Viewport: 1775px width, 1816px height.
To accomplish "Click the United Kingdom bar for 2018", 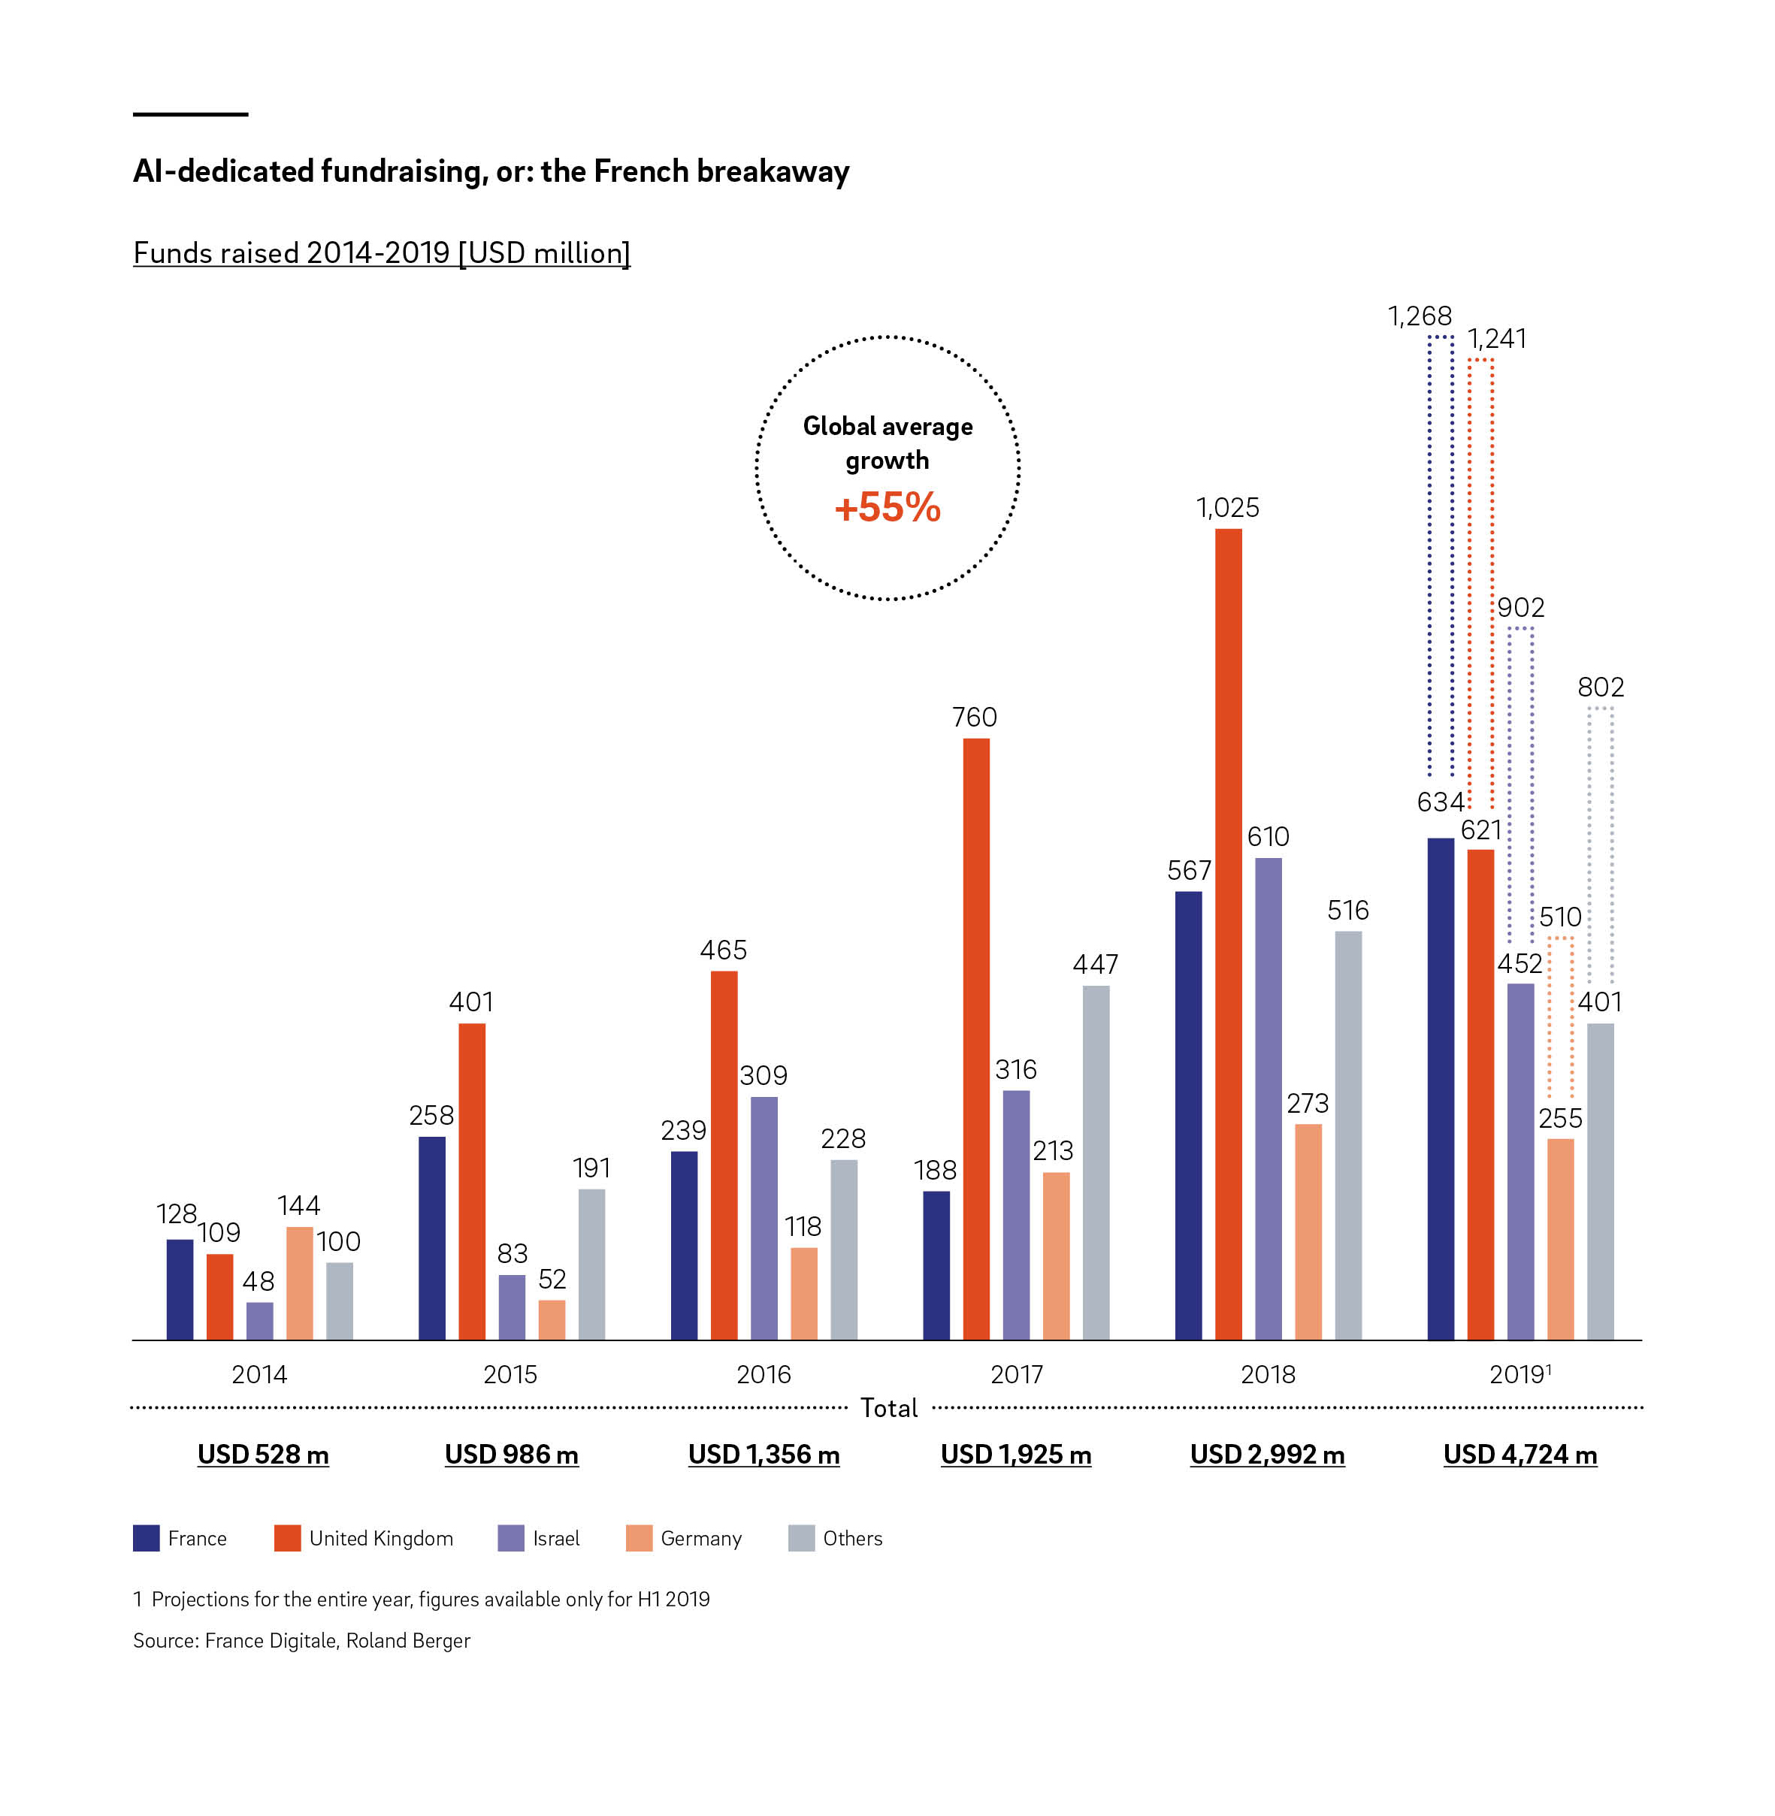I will [x=1228, y=932].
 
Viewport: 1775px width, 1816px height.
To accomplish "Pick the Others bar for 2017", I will [x=1096, y=1162].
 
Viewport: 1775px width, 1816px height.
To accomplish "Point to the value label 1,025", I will [x=1227, y=508].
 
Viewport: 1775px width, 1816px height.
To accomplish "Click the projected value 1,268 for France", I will [x=1419, y=317].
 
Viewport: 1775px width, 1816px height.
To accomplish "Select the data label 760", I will [x=974, y=717].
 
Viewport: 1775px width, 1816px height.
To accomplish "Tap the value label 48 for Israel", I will [x=259, y=1281].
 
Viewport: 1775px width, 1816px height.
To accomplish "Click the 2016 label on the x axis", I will [x=764, y=1374].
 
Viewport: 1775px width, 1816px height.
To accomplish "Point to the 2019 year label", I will [x=1518, y=1374].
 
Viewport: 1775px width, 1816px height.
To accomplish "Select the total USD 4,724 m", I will [x=1519, y=1455].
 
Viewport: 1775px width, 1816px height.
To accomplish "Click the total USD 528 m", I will [x=263, y=1455].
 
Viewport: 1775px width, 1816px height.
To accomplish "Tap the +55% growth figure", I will [x=887, y=508].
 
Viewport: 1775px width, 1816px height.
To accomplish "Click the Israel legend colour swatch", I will [x=511, y=1538].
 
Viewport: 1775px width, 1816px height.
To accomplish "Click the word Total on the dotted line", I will [x=888, y=1408].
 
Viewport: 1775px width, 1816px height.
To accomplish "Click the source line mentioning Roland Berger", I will [x=301, y=1641].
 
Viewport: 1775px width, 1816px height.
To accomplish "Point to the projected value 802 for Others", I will [x=1600, y=687].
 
